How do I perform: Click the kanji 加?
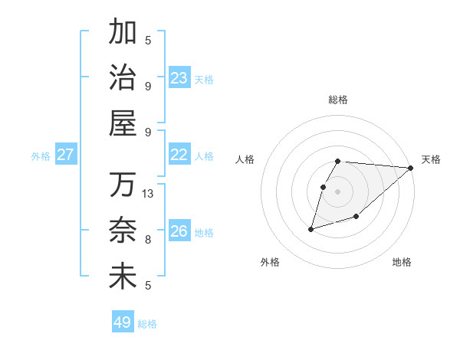pos(123,32)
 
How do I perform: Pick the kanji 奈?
pos(123,231)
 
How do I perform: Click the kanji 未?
pos(123,276)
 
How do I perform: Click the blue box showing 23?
pos(179,78)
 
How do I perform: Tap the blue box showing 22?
pos(179,155)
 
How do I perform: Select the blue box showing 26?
pos(179,231)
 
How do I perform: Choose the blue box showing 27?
pos(66,155)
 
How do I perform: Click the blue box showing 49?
pos(123,322)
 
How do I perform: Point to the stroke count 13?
pos(148,194)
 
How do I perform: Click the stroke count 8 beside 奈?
pos(148,239)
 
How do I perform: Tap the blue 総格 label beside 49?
pos(147,324)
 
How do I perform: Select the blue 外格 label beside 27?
pos(41,156)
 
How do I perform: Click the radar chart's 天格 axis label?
pos(431,159)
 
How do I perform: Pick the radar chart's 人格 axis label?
pos(245,159)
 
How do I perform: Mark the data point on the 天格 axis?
pos(411,168)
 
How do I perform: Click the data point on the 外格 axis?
pos(311,228)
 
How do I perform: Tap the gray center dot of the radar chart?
pos(338,191)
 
